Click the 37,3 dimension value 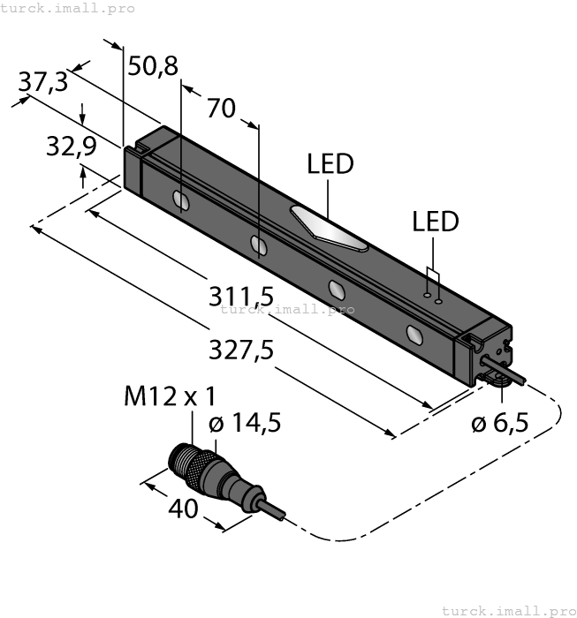[42, 82]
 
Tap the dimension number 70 [221, 109]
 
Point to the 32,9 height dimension [71, 147]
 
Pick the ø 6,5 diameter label [499, 424]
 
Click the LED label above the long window [330, 165]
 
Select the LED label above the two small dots [436, 222]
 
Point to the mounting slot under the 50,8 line [180, 202]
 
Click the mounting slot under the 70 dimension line [259, 245]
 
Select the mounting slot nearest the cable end [414, 334]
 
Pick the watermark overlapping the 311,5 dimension [287, 309]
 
